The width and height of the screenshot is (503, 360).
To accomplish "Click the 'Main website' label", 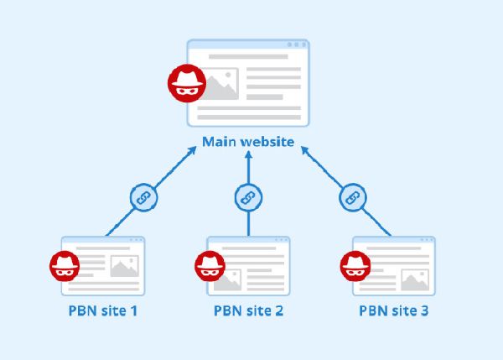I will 248,142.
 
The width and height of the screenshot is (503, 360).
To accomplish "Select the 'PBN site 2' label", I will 248,310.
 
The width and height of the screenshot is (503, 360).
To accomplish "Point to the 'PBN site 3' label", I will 394,310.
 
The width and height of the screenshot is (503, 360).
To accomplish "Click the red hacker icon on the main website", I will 184,82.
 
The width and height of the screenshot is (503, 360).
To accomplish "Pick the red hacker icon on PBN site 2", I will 209,267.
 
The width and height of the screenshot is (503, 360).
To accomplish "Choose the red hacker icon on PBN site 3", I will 355,267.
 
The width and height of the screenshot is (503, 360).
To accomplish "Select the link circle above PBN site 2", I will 248,198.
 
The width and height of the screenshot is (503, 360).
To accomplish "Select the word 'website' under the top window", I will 267,142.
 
